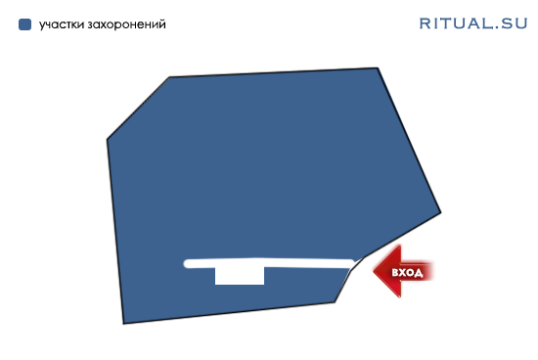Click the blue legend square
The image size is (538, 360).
24,24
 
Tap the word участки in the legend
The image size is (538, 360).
62,24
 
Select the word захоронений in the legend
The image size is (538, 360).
126,24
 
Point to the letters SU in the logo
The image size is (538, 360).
514,23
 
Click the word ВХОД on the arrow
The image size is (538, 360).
407,273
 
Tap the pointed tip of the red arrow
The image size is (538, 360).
374,271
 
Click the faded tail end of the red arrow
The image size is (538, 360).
431,271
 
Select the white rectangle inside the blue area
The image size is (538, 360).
240,276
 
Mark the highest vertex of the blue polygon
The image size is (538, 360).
378,67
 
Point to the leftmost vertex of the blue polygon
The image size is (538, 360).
108,139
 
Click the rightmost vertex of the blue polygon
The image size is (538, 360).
440,213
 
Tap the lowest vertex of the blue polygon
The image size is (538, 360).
123,324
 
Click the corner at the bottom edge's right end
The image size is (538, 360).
335,302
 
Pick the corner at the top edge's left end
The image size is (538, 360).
169,77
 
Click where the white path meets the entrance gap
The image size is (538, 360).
356,263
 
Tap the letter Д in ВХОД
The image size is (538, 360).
419,273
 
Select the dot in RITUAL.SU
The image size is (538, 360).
497,28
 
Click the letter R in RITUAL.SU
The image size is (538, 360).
425,23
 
